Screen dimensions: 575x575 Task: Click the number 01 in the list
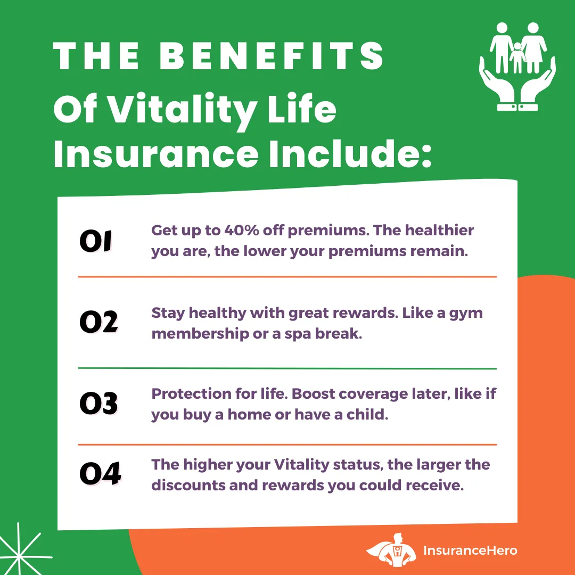(x=96, y=241)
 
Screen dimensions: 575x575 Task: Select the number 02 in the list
(x=98, y=322)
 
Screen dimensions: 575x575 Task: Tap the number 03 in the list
(x=98, y=404)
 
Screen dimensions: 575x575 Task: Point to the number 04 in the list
(x=100, y=473)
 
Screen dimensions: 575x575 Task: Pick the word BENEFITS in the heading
(x=272, y=55)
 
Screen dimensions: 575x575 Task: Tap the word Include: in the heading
(x=350, y=154)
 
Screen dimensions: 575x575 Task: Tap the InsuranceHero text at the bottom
(x=470, y=551)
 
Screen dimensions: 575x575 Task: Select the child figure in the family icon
(x=517, y=57)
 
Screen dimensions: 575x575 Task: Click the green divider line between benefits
(x=287, y=368)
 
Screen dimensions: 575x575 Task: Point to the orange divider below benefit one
(x=287, y=277)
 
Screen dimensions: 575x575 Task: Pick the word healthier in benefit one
(x=439, y=231)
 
